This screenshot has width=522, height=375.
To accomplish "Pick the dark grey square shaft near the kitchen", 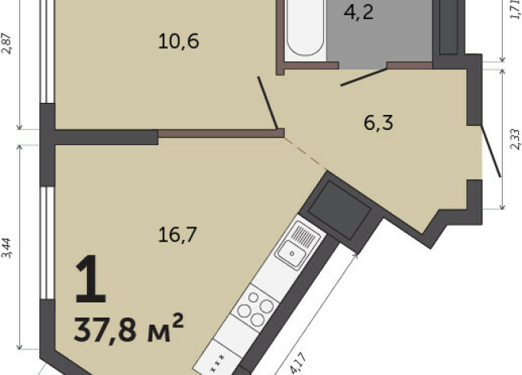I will coord(338,210).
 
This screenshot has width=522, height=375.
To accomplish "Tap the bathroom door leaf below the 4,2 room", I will coord(362,76).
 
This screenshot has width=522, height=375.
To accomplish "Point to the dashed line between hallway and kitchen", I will coord(304,151).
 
